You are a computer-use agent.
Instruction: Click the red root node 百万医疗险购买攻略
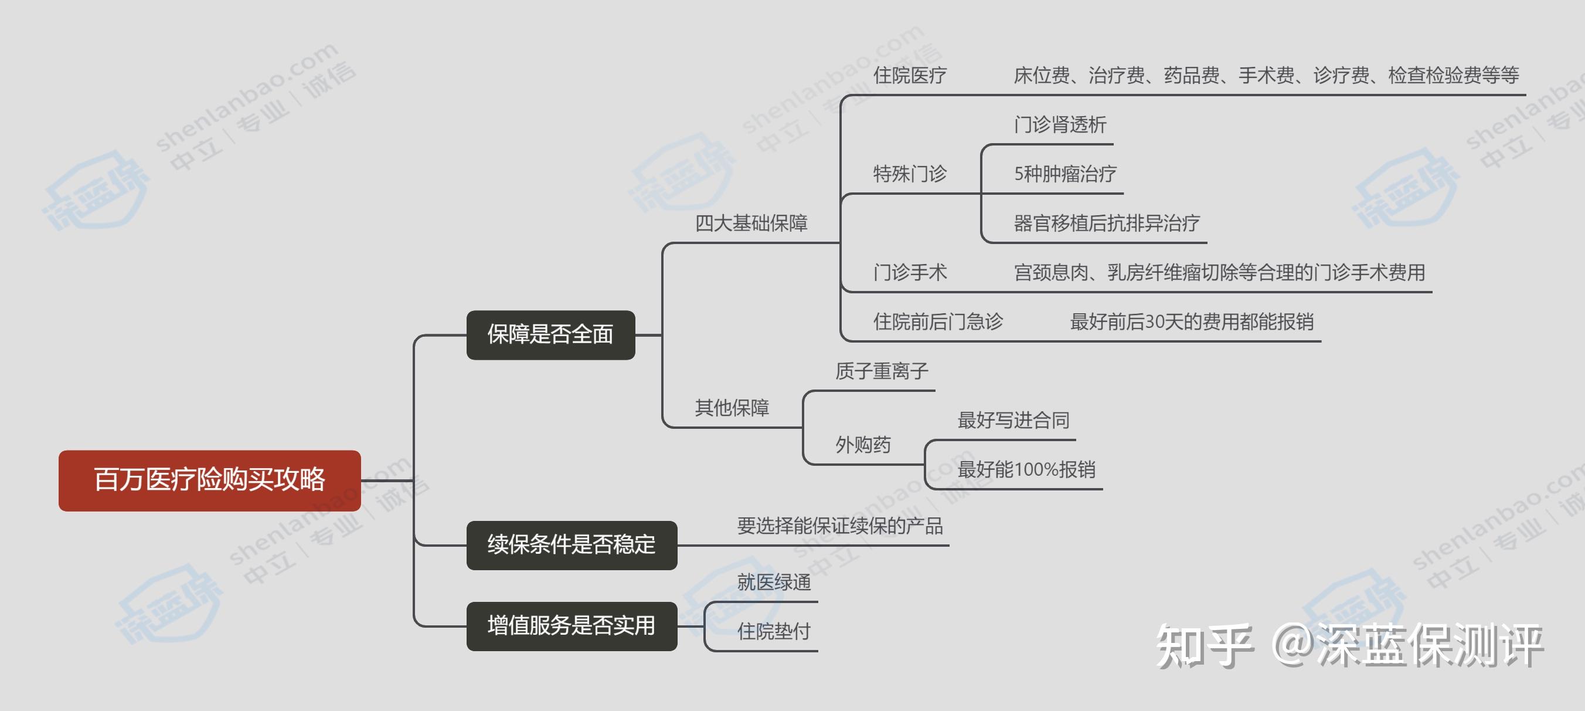210,480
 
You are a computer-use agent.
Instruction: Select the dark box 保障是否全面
550,335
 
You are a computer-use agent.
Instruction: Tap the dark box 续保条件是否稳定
572,545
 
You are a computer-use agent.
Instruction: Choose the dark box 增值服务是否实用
572,626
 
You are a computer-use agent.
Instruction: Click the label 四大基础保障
751,223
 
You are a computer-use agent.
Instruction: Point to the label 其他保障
732,408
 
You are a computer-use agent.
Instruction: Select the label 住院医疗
910,75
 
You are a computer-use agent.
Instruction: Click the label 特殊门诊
910,174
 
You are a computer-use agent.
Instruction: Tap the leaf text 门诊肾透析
1060,124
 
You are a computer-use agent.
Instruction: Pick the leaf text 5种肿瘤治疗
1065,174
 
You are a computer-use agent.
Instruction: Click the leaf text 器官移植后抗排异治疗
1107,223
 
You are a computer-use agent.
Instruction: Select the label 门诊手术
910,272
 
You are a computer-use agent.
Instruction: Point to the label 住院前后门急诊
938,321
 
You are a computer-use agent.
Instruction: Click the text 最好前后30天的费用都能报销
1192,321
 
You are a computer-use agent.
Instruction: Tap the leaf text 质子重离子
882,371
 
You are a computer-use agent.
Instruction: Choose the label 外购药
863,445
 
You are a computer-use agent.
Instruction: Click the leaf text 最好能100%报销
1026,469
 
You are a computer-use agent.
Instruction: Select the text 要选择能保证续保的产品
840,526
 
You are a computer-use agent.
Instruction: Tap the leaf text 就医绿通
774,582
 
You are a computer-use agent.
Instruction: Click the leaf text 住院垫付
774,631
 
